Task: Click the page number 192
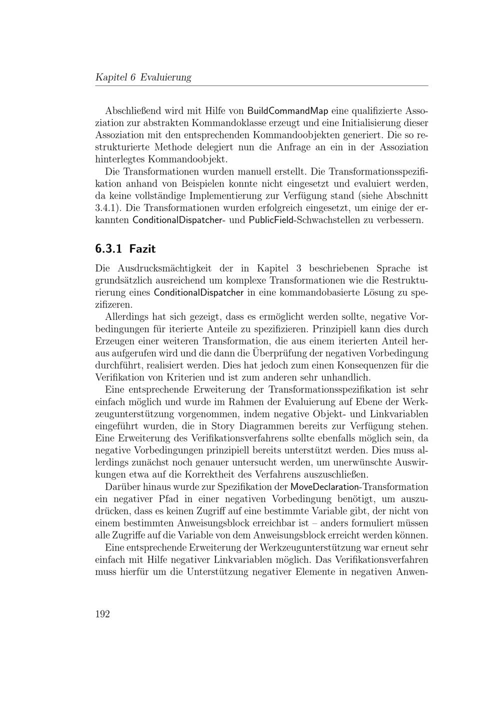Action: pos(102,614)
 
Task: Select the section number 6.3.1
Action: pos(109,248)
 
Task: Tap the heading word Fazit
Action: pos(143,248)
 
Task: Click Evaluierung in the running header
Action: pos(166,77)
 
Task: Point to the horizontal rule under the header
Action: pos(261,86)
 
